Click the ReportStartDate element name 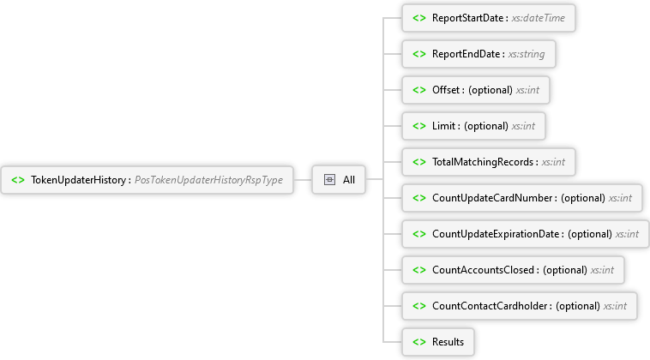467,18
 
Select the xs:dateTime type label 538,18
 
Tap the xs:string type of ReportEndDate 527,54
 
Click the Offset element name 446,90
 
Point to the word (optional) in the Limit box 486,126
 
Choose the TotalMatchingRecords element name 483,162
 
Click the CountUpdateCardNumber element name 492,198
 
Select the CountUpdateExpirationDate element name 496,234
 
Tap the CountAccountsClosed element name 484,270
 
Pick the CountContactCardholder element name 490,306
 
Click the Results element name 448,342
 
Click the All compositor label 349,180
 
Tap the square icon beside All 329,180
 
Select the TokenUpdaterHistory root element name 78,180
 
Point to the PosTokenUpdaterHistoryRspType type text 209,180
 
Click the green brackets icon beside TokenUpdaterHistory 18,180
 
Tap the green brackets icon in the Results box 419,342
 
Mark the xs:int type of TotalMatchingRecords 553,162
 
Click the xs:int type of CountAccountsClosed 602,270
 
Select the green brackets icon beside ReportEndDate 419,54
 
